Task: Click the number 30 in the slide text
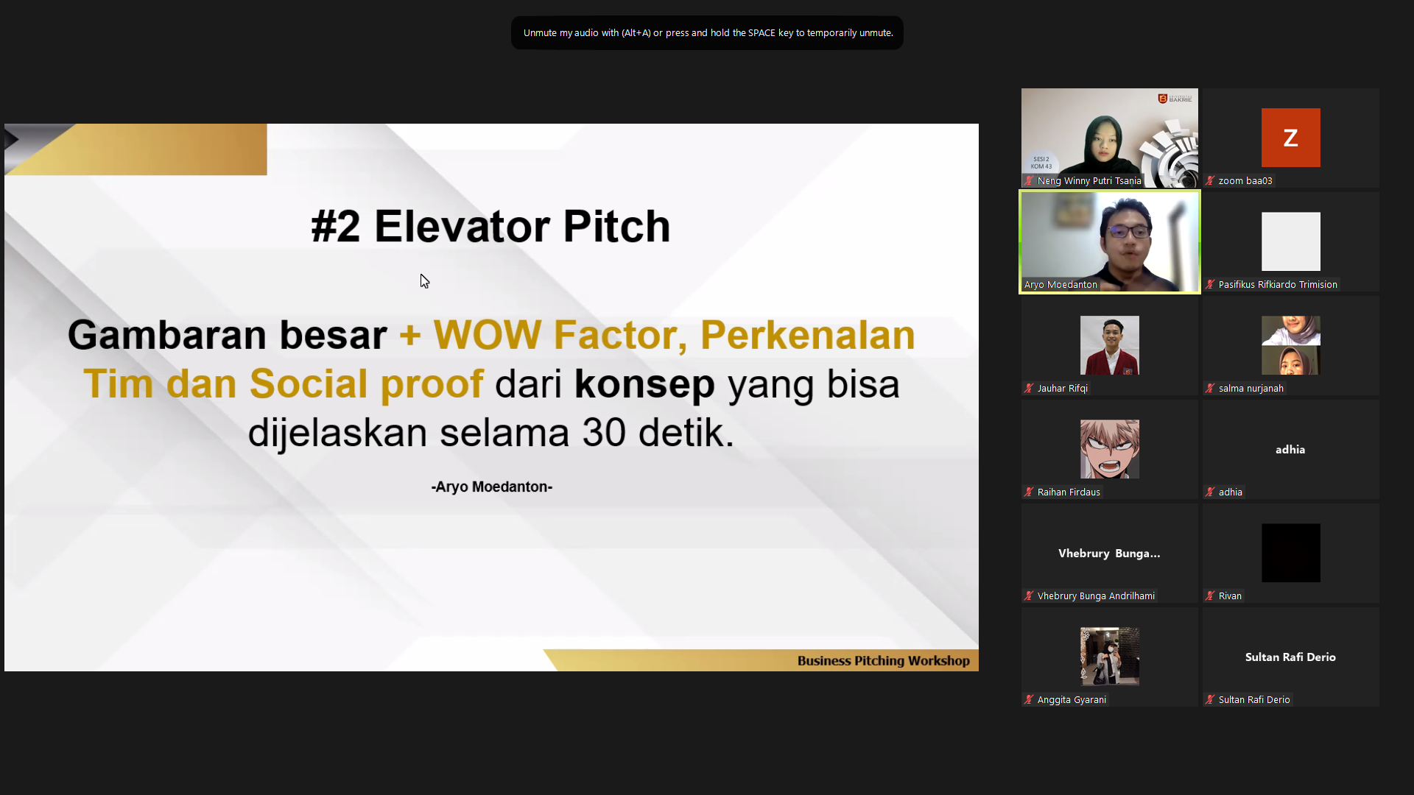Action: (x=604, y=433)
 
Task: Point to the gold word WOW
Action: (x=487, y=335)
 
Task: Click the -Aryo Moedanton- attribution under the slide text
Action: (x=492, y=487)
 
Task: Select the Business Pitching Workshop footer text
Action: (x=883, y=661)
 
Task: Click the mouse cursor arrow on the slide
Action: (x=424, y=281)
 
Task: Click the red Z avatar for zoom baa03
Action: (x=1290, y=138)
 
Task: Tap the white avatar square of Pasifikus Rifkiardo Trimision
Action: (x=1290, y=241)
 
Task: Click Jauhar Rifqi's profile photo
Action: (x=1109, y=345)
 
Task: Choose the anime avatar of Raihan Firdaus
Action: (x=1109, y=449)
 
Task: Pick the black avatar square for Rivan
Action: (x=1290, y=553)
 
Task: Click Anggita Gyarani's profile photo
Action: (x=1109, y=657)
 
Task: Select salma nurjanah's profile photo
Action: (x=1290, y=345)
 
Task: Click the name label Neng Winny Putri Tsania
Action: (x=1089, y=181)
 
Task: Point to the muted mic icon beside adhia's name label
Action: (x=1210, y=492)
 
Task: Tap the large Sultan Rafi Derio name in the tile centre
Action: (x=1290, y=657)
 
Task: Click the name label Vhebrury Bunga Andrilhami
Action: (x=1096, y=596)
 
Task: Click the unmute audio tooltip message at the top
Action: (x=708, y=33)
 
